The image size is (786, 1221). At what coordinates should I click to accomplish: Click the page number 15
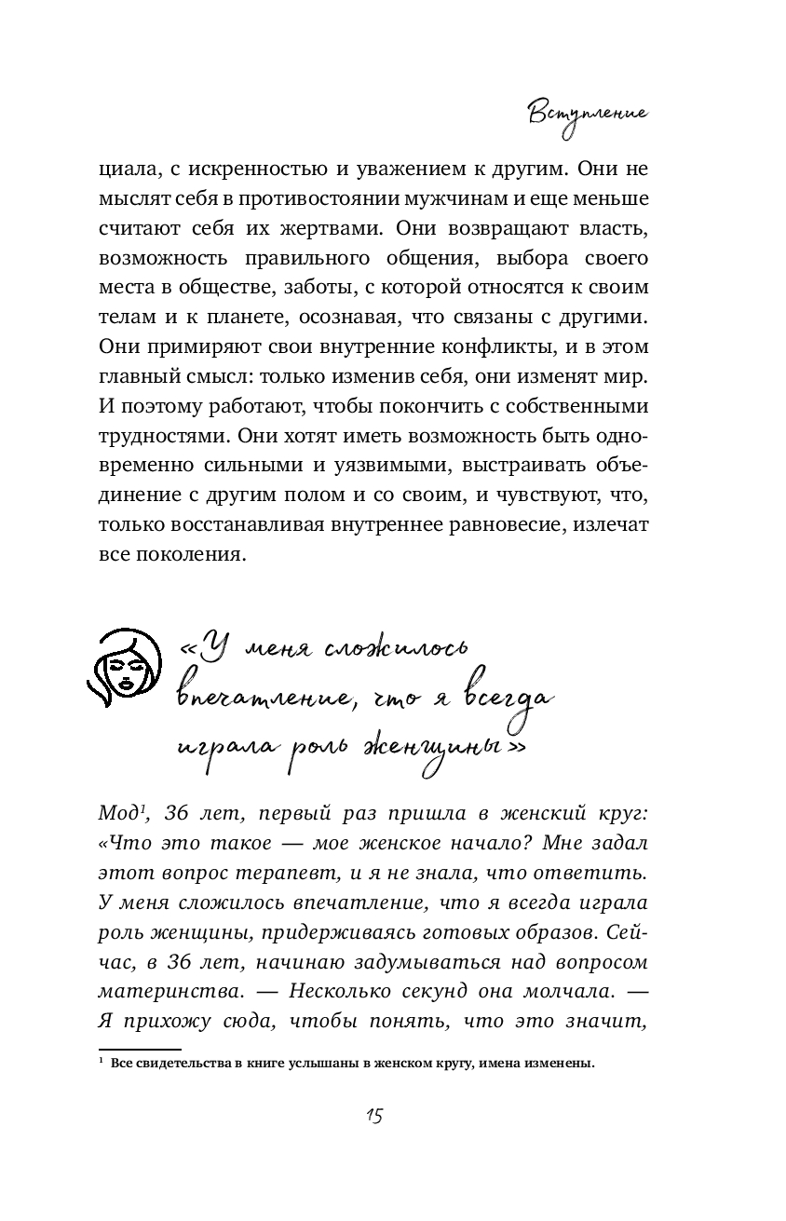click(x=374, y=1116)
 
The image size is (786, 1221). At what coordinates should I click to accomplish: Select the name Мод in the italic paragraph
click(x=116, y=814)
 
